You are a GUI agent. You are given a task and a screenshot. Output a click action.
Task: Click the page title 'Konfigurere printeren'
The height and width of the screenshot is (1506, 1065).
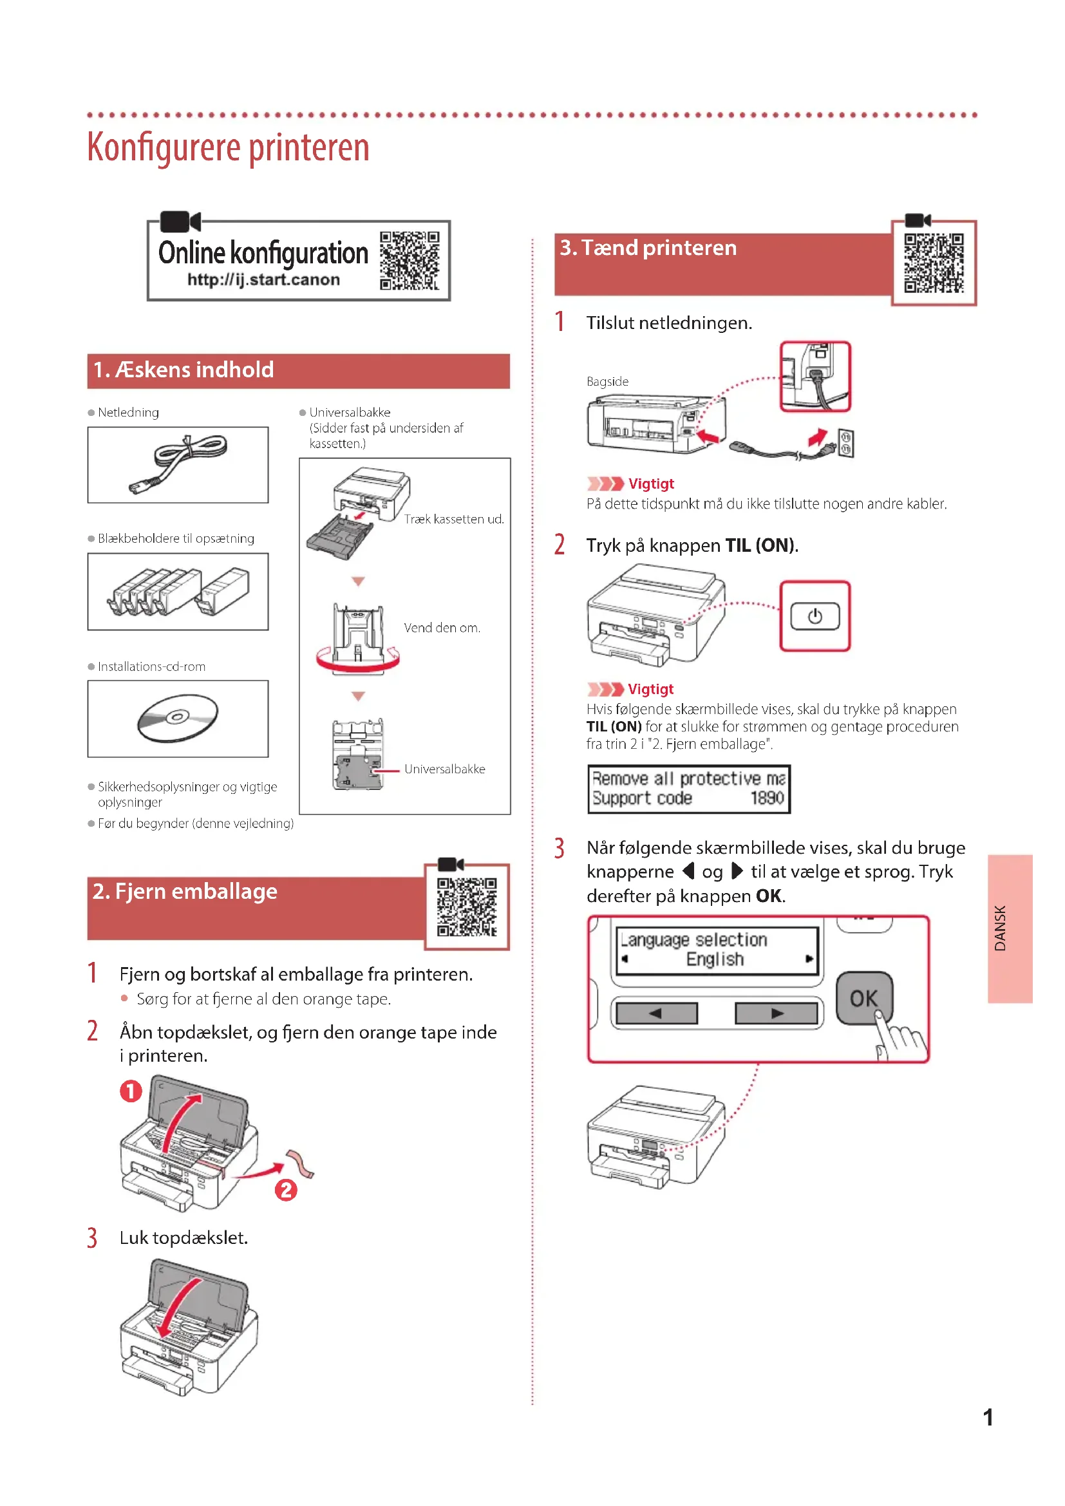click(x=228, y=147)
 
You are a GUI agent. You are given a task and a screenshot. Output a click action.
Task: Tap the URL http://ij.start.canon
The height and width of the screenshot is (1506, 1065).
click(x=263, y=279)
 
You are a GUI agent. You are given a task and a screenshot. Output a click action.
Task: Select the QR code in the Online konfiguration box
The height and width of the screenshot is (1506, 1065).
click(x=410, y=260)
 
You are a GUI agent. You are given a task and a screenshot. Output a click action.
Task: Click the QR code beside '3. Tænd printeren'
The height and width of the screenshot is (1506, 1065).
click(x=933, y=263)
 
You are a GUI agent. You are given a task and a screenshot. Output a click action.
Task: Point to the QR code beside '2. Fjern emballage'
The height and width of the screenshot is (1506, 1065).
click(x=467, y=907)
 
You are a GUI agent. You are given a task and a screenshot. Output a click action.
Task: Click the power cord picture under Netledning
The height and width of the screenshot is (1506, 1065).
click(x=178, y=464)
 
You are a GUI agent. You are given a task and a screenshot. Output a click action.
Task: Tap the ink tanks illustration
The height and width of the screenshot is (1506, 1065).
click(x=178, y=592)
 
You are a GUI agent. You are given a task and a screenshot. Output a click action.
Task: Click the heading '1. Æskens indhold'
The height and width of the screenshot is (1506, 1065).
click(x=184, y=370)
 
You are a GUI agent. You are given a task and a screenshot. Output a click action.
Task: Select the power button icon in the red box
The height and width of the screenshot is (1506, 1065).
click(x=815, y=617)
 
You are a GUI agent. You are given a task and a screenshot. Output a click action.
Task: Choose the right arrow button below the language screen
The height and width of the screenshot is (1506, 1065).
click(x=777, y=1013)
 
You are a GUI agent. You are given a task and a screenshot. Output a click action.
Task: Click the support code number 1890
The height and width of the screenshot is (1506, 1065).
click(x=767, y=798)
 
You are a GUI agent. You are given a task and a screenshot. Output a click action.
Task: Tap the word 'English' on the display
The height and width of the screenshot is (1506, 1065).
click(x=715, y=959)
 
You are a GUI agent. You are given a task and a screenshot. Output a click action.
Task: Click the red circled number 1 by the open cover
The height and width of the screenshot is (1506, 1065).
click(x=131, y=1091)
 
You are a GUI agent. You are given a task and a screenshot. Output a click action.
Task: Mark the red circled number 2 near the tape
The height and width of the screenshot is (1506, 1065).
click(x=286, y=1189)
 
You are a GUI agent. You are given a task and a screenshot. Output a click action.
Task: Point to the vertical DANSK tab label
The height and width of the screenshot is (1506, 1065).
click(x=999, y=928)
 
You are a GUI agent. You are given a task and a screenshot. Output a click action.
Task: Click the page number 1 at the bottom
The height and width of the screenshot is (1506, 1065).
click(x=988, y=1417)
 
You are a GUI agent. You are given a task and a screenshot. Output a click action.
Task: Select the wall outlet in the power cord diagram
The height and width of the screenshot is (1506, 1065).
click(x=845, y=444)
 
